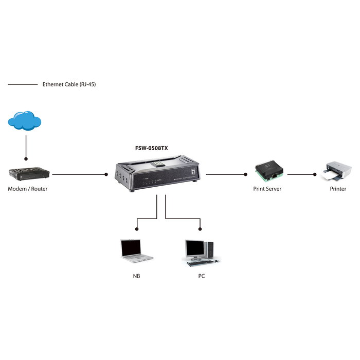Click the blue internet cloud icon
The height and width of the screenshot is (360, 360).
25,121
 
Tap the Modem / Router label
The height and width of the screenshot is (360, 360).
27,189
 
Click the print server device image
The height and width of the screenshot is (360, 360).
268,171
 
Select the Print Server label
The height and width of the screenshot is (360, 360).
267,189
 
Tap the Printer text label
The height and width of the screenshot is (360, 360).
338,189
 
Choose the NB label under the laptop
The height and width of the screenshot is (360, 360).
136,276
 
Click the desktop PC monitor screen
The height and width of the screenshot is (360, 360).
195,249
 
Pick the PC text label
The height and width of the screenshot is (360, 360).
202,276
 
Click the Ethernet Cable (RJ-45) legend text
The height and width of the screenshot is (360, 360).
69,84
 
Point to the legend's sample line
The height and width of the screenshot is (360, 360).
23,84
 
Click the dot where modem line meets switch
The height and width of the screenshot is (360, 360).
106,174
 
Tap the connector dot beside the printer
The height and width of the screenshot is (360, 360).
315,174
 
